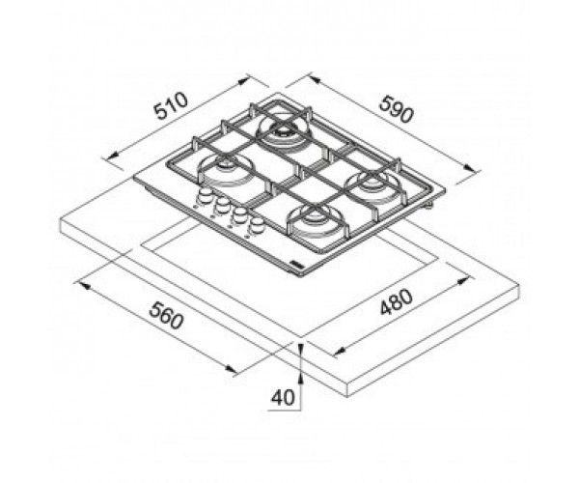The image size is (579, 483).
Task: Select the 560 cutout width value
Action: tap(167, 315)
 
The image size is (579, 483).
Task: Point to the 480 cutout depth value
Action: tap(397, 301)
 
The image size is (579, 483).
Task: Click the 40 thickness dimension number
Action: tap(283, 397)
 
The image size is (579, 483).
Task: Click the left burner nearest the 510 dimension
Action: tap(225, 170)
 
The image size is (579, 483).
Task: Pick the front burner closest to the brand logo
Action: tap(314, 221)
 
